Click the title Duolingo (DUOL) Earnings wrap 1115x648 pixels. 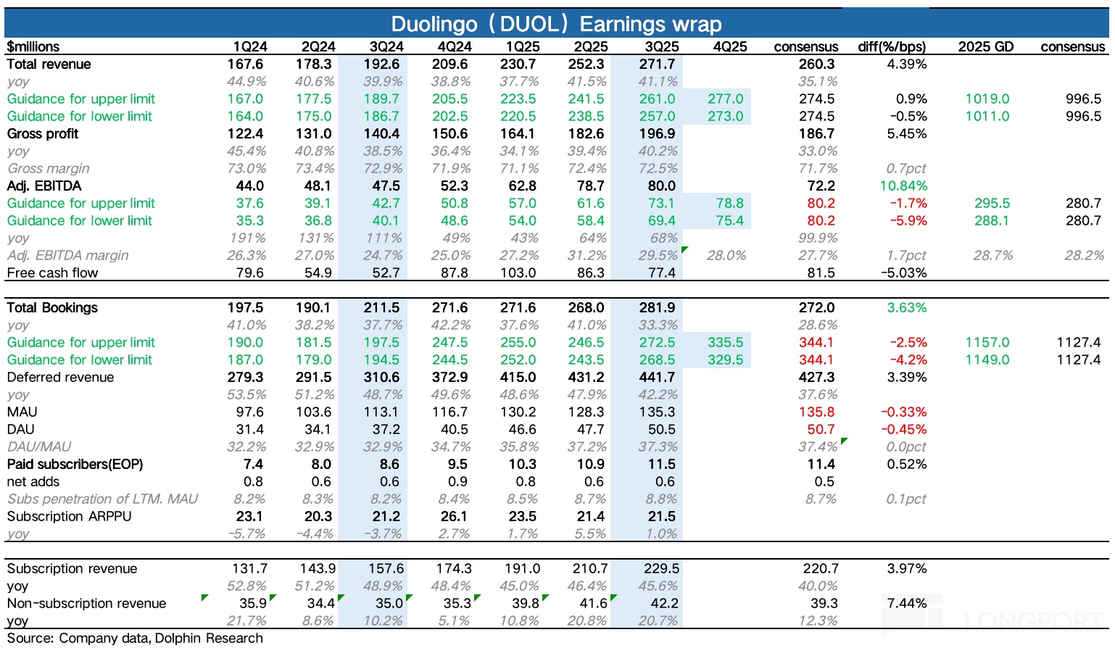(556, 24)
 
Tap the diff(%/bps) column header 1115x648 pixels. (892, 46)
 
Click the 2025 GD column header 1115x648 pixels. (985, 46)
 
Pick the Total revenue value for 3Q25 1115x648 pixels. (658, 64)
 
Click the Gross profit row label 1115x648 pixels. (43, 133)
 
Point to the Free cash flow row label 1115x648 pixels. (52, 273)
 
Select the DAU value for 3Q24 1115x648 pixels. (386, 429)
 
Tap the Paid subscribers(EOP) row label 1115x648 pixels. (75, 464)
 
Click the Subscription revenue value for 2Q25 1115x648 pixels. (590, 568)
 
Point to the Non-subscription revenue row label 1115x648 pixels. (86, 603)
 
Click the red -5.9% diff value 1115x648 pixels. (908, 220)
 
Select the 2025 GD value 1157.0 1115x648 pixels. (987, 342)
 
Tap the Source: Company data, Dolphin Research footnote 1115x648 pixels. (135, 638)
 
